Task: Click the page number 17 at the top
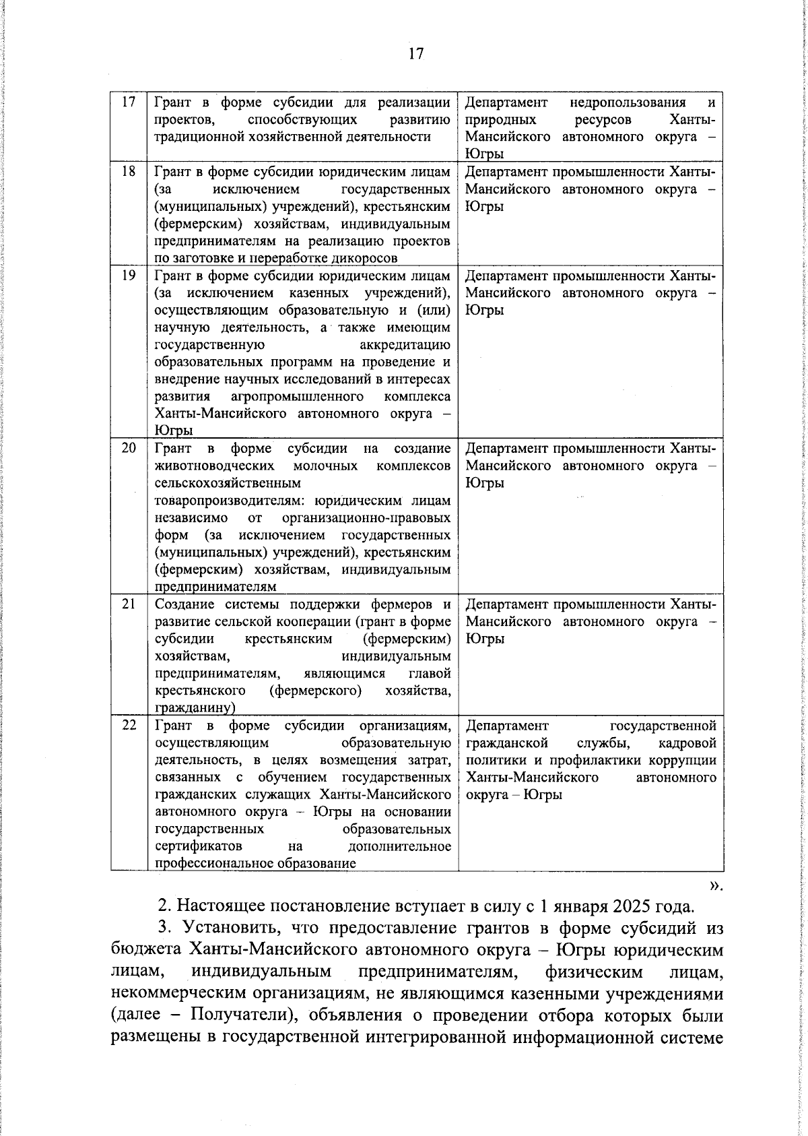(415, 54)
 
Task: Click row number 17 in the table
(129, 102)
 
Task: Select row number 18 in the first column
(129, 172)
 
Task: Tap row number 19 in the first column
(129, 276)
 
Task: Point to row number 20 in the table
(129, 448)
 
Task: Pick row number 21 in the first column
(129, 604)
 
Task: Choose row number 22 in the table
(129, 726)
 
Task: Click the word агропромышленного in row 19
(297, 396)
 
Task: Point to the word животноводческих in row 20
(214, 466)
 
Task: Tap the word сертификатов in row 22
(199, 846)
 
